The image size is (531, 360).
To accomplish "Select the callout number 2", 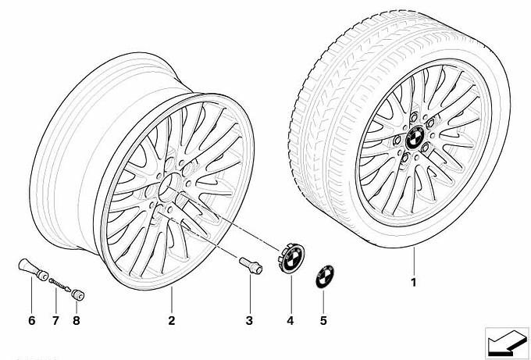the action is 172,320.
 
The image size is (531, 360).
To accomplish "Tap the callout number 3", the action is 249,320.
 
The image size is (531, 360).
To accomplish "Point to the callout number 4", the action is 290,320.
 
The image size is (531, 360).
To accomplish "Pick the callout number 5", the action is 323,320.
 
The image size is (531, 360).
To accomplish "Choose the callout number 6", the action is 32,320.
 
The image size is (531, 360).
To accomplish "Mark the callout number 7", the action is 55,320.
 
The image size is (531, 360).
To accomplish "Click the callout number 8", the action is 77,320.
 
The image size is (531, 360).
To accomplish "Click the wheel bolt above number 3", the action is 251,266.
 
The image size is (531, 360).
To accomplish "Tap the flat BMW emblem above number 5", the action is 325,276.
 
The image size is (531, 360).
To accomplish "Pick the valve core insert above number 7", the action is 59,284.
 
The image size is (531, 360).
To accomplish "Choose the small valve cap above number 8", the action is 78,294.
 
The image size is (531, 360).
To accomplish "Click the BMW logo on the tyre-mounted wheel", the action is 415,137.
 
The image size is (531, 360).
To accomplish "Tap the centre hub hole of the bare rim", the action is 170,186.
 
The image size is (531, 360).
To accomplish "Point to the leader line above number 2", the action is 172,300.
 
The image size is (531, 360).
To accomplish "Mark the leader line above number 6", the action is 31,294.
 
